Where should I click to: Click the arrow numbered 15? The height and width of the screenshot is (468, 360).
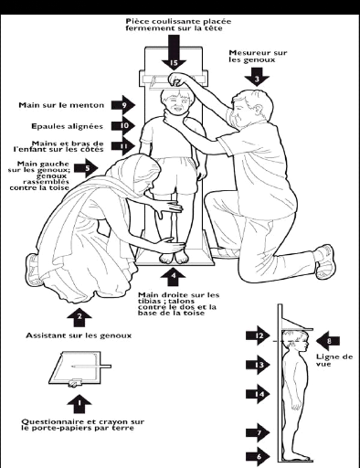pos(174,52)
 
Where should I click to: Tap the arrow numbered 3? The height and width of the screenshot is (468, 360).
pos(257,76)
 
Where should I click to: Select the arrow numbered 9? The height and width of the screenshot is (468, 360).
pos(123,105)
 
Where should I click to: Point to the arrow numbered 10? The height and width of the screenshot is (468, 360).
pos(123,125)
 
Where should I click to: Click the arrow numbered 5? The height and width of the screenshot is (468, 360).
pos(87,167)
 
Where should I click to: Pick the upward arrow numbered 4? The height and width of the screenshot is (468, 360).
pos(173,276)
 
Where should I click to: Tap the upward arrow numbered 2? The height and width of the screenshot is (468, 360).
pos(79,317)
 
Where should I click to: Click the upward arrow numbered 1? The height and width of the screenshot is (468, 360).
pos(79,403)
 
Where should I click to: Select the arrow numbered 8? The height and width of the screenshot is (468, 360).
pos(328,341)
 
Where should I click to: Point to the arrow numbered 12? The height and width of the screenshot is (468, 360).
pos(259,335)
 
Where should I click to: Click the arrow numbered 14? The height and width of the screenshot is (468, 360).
pos(259,394)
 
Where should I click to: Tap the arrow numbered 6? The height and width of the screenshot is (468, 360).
pos(259,456)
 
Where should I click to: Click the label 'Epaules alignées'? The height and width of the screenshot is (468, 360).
pos(67,126)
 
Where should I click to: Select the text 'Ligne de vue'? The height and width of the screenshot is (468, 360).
pos(334,360)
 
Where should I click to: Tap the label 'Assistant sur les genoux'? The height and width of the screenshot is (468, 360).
pos(79,335)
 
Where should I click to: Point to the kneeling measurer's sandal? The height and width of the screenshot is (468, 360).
pos(325,261)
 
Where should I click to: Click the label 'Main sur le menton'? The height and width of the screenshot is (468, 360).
pos(61,105)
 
